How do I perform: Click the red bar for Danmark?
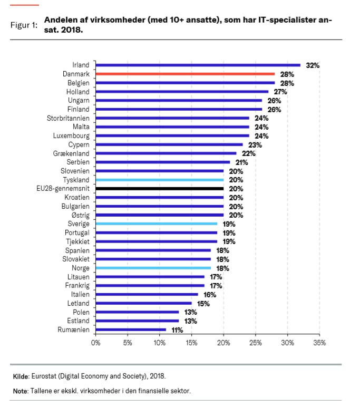click(185, 74)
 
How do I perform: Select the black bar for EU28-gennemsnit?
click(160, 188)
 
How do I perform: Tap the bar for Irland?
click(198, 65)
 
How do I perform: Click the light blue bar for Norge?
click(153, 268)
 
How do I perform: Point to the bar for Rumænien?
click(131, 330)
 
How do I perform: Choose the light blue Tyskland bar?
click(160, 180)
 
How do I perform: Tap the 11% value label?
click(177, 330)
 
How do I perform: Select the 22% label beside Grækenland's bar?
click(249, 153)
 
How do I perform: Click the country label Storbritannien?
click(68, 118)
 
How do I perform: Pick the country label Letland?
click(78, 303)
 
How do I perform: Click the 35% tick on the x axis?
click(319, 343)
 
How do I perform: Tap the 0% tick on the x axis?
click(96, 343)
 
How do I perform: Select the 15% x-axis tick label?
click(192, 343)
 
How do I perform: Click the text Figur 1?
click(24, 25)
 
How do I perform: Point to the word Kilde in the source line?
click(21, 376)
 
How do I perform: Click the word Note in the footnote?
click(21, 391)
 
